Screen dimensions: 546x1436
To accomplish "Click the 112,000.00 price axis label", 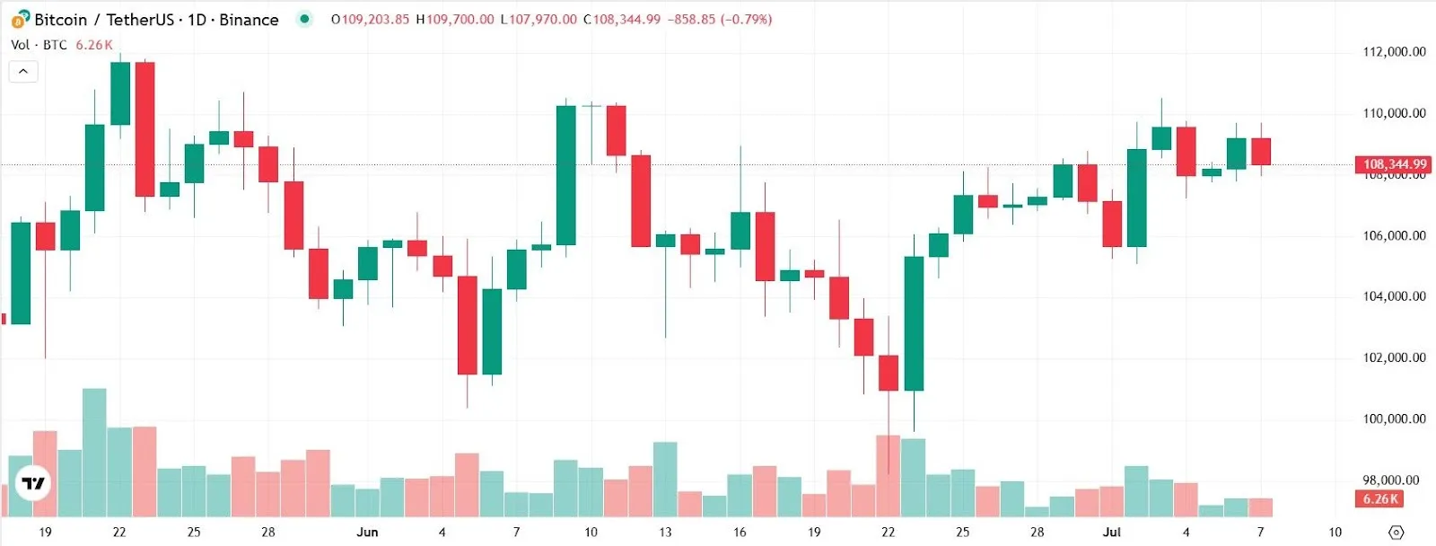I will click(1394, 52).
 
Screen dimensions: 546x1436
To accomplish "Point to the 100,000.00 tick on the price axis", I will click(1394, 418).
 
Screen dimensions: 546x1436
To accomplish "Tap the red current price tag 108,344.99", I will click(1394, 164).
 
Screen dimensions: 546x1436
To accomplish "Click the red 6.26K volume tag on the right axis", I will click(1380, 499).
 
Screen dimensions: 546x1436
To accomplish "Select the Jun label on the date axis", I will click(367, 532).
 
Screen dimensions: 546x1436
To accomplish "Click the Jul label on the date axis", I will click(1111, 532).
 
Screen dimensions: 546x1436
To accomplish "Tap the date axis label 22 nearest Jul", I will click(888, 532).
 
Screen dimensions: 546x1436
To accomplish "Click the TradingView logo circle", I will click(33, 483).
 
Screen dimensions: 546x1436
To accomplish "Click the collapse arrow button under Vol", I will click(23, 71).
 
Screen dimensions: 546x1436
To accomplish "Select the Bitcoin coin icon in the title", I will click(20, 20).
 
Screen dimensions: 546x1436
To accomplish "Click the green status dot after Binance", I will click(304, 19).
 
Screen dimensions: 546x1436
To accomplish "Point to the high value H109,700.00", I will click(455, 19).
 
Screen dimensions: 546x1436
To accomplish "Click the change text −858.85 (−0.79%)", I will click(720, 19).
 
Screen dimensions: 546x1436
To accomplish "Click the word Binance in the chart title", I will click(249, 20).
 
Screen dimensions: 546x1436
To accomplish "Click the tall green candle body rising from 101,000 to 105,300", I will click(914, 323).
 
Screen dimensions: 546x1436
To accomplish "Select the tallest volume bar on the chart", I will click(94, 453).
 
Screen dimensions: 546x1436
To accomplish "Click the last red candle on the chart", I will click(1261, 151).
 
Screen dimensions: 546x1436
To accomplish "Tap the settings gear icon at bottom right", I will click(1396, 533).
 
